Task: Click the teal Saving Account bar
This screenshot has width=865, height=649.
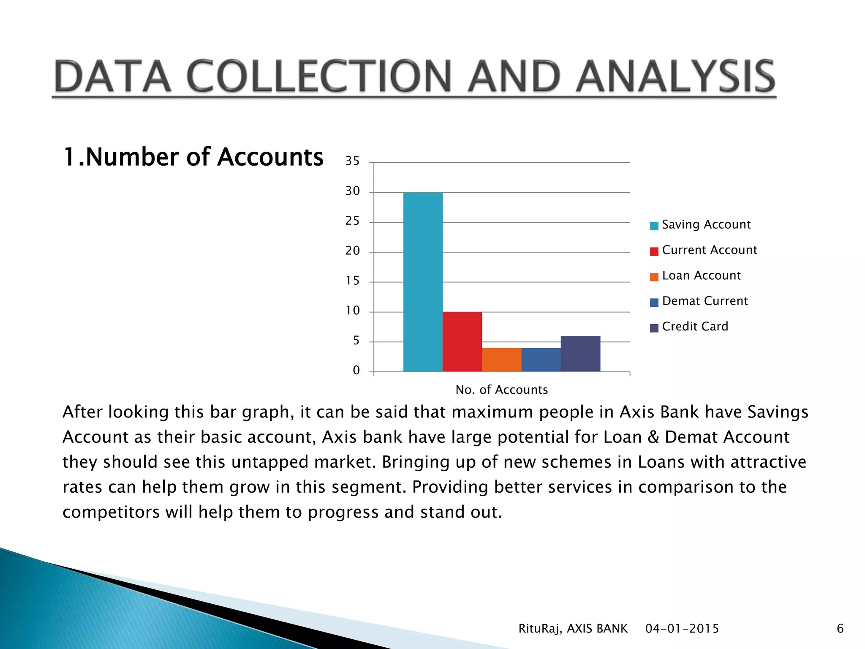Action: point(423,282)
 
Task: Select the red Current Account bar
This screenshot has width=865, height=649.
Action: point(462,341)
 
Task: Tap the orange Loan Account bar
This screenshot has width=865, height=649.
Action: point(501,360)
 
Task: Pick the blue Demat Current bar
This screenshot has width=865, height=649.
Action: point(541,360)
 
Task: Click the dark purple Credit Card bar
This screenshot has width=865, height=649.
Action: point(580,354)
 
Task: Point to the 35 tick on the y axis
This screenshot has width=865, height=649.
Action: point(352,161)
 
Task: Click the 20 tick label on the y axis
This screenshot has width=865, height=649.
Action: point(352,251)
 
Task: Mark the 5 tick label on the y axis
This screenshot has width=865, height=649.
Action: point(356,341)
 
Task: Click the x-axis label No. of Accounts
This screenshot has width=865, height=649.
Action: point(501,390)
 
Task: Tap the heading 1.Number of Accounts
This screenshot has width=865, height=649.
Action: point(193,157)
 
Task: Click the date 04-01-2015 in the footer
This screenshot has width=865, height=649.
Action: point(682,629)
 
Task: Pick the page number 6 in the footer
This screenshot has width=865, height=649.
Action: point(840,629)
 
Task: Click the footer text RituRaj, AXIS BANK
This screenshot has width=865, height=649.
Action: point(573,629)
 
